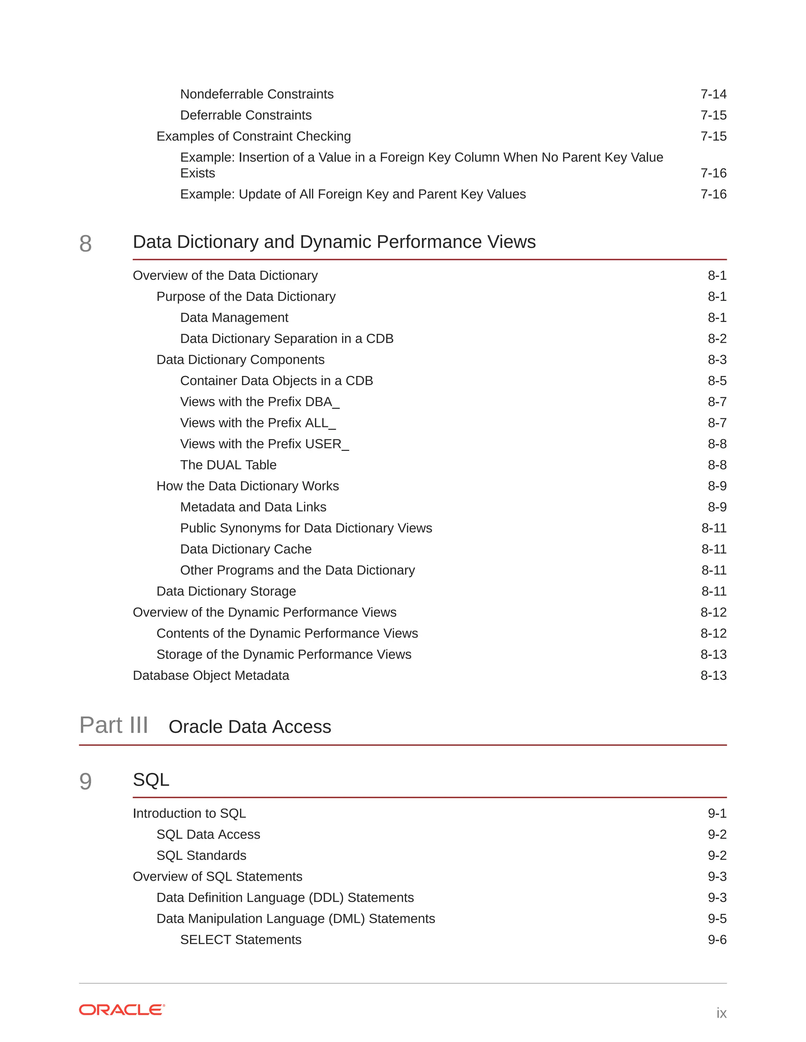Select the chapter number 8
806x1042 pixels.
pyautogui.click(x=85, y=244)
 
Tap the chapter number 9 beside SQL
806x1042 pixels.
pyautogui.click(x=85, y=782)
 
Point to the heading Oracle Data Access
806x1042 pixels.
pyautogui.click(x=250, y=727)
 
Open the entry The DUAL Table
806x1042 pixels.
pyautogui.click(x=228, y=465)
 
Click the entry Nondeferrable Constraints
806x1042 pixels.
pyautogui.click(x=257, y=94)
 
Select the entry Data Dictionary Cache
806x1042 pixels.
pyautogui.click(x=246, y=549)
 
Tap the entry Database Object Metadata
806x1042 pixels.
pyautogui.click(x=211, y=676)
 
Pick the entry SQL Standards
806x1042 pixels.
pyautogui.click(x=201, y=856)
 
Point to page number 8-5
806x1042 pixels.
pyautogui.click(x=717, y=381)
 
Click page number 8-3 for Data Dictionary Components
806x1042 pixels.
pyautogui.click(x=717, y=360)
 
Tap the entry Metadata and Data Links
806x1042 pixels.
pyautogui.click(x=253, y=507)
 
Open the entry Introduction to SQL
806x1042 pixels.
pyautogui.click(x=189, y=814)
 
